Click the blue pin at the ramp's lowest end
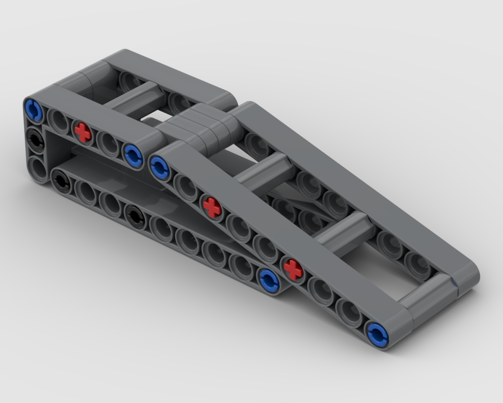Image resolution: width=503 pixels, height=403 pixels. point(377,333)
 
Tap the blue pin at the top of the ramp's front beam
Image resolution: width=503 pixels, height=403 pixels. point(160,167)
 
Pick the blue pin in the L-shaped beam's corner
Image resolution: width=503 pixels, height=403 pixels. point(34,110)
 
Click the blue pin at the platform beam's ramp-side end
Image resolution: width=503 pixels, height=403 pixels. point(133,154)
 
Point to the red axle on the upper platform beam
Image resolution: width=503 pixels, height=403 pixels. point(83,132)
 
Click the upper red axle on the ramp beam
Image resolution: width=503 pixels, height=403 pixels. point(212,207)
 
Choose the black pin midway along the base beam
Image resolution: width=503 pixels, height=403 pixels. point(135,217)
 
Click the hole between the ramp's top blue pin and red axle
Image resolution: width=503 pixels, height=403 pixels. point(186,187)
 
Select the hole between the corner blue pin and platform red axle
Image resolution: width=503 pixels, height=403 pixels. point(58,121)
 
